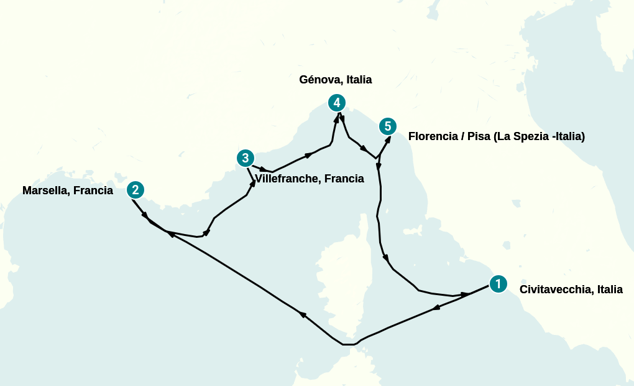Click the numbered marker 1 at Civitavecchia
pos(498,284)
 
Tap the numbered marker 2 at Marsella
pos(135,190)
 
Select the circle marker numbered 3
pos(246,158)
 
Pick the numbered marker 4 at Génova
pos(336,103)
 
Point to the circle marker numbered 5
pos(388,126)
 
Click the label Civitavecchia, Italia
pos(571,289)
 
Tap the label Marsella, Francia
pos(68,191)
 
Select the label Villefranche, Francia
pos(310,179)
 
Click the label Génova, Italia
pos(335,80)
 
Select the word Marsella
pos(45,191)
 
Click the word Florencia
pos(433,136)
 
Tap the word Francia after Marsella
pos(93,191)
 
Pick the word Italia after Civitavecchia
pos(609,289)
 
